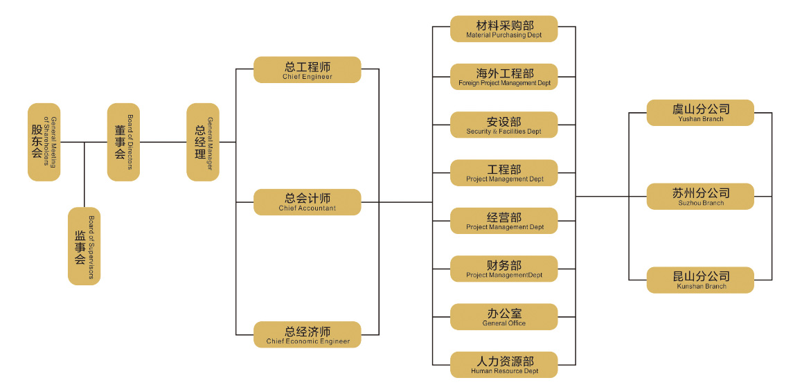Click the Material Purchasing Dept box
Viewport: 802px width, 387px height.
504,29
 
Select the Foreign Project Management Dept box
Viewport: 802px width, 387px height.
504,77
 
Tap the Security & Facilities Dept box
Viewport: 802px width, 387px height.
504,125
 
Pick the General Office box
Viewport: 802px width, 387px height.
504,316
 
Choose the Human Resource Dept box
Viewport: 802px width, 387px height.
504,364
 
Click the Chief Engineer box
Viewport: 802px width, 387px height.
307,70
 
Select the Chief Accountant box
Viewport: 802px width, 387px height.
307,201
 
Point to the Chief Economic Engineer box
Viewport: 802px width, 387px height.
307,334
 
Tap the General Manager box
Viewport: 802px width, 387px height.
203,143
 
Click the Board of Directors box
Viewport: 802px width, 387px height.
123,143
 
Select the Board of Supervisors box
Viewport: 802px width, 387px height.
84,246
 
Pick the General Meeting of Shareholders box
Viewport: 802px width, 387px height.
44,143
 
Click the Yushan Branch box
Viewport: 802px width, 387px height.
699,113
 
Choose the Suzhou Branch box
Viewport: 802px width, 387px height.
699,197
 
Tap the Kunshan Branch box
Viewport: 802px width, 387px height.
699,280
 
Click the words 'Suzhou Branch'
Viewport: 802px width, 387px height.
701,204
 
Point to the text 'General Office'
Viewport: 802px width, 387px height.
504,323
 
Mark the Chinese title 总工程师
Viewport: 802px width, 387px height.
307,67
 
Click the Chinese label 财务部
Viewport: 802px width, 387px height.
504,265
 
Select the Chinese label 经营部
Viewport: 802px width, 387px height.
504,217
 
